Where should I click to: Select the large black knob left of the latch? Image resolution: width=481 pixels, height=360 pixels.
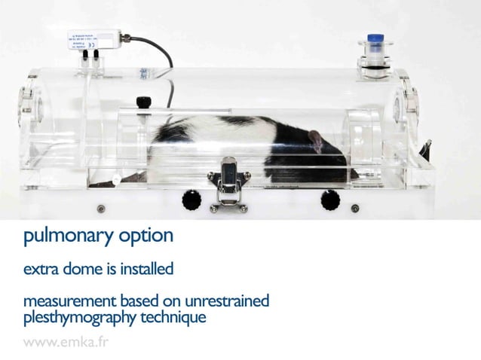pyautogui.click(x=191, y=200)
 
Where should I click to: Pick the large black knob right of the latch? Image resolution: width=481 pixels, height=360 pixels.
pyautogui.click(x=329, y=200)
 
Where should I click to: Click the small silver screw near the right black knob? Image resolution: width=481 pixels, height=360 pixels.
pyautogui.click(x=355, y=208)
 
